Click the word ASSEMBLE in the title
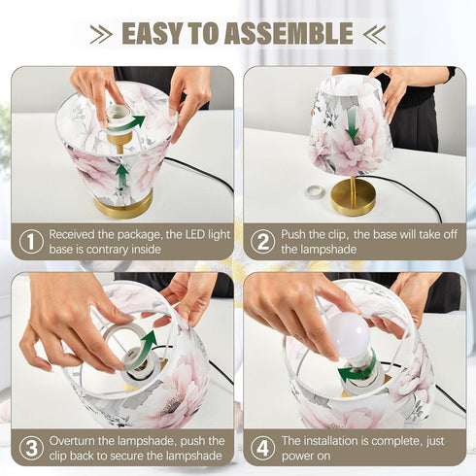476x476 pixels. (289, 33)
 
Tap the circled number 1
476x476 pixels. (31, 242)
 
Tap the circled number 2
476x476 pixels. (262, 242)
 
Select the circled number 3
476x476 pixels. (31, 449)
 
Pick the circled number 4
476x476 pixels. (262, 449)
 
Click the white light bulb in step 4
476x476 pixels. (350, 335)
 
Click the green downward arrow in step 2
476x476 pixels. (352, 123)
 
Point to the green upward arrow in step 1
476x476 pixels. (122, 178)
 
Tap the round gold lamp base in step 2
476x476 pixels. (354, 197)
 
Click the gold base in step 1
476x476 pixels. (123, 205)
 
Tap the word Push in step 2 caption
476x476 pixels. (293, 234)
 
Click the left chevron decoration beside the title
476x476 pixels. (101, 34)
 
